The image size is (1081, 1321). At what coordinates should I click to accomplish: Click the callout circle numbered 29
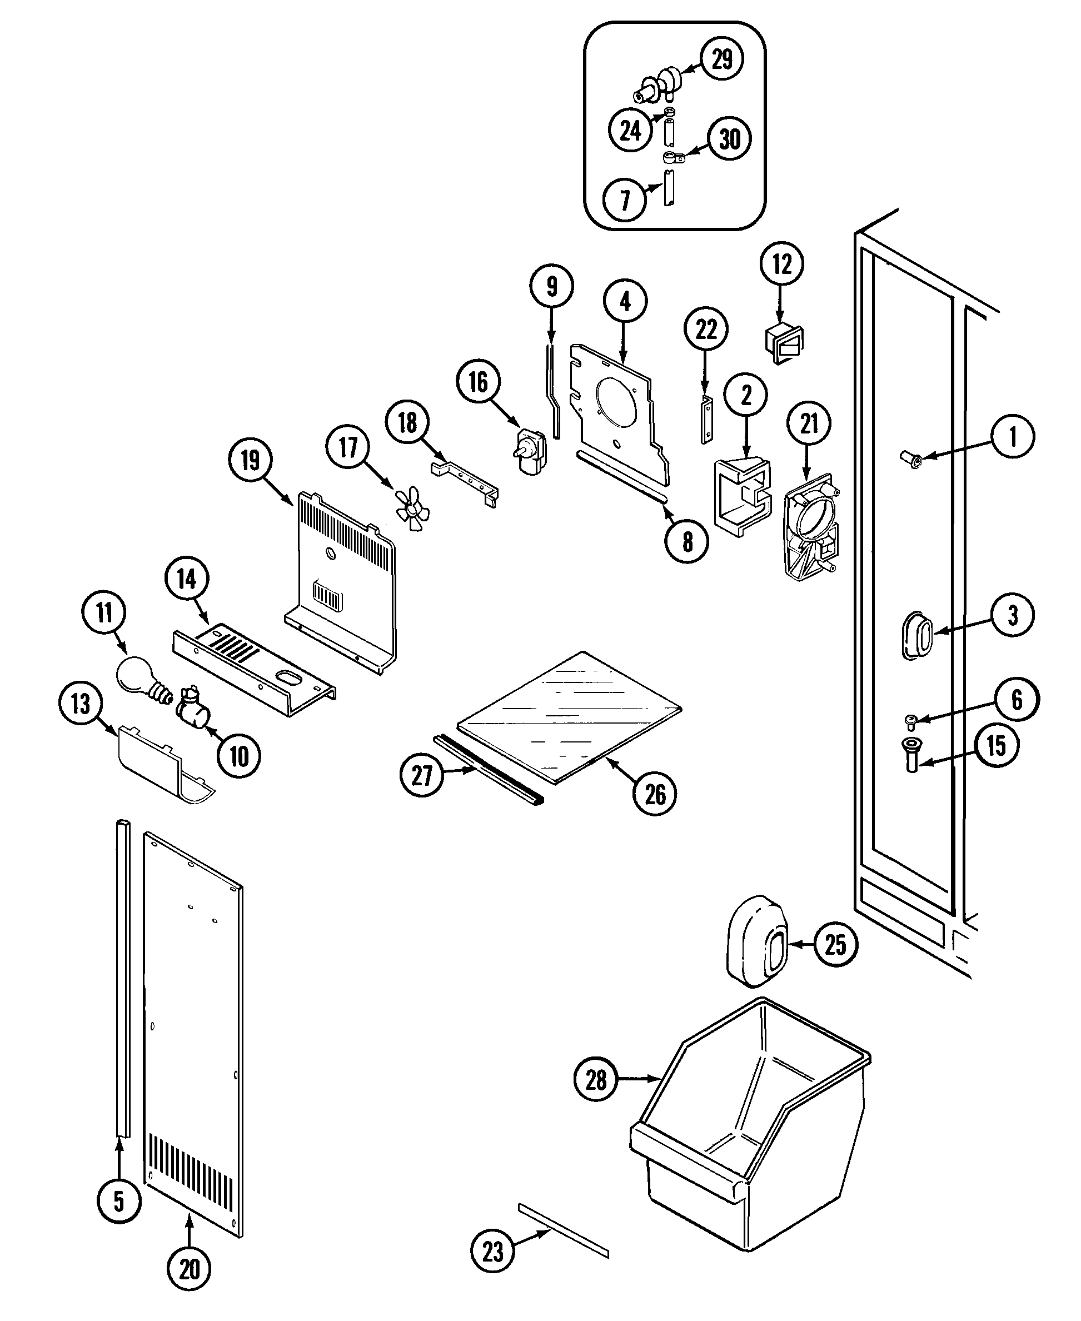(722, 60)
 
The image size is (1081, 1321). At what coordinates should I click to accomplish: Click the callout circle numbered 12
(781, 265)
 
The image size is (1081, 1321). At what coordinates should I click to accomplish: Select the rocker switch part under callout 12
(784, 343)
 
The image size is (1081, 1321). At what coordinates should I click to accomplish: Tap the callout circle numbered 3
(1013, 615)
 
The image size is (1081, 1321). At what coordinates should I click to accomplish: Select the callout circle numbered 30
(729, 139)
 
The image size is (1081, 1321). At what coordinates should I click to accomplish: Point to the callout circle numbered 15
(997, 745)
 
